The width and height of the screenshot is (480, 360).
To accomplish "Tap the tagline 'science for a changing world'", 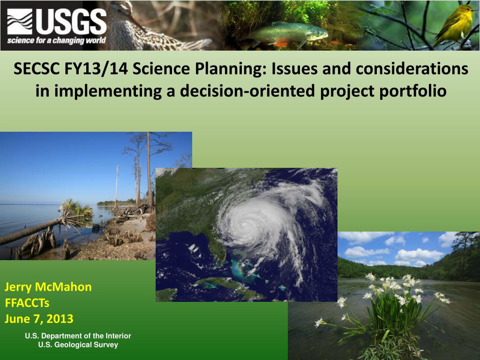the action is tap(57, 40).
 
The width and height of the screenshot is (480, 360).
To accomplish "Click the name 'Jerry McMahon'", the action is tap(48, 287).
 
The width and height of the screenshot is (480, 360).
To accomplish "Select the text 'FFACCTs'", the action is tap(27, 303).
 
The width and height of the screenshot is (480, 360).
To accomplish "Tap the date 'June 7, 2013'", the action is tap(39, 319).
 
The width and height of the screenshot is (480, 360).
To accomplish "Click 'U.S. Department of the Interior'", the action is tap(78, 336).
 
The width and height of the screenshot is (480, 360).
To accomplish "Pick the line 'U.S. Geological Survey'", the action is tap(78, 345).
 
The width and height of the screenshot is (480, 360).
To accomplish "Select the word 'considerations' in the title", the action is tap(412, 68).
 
